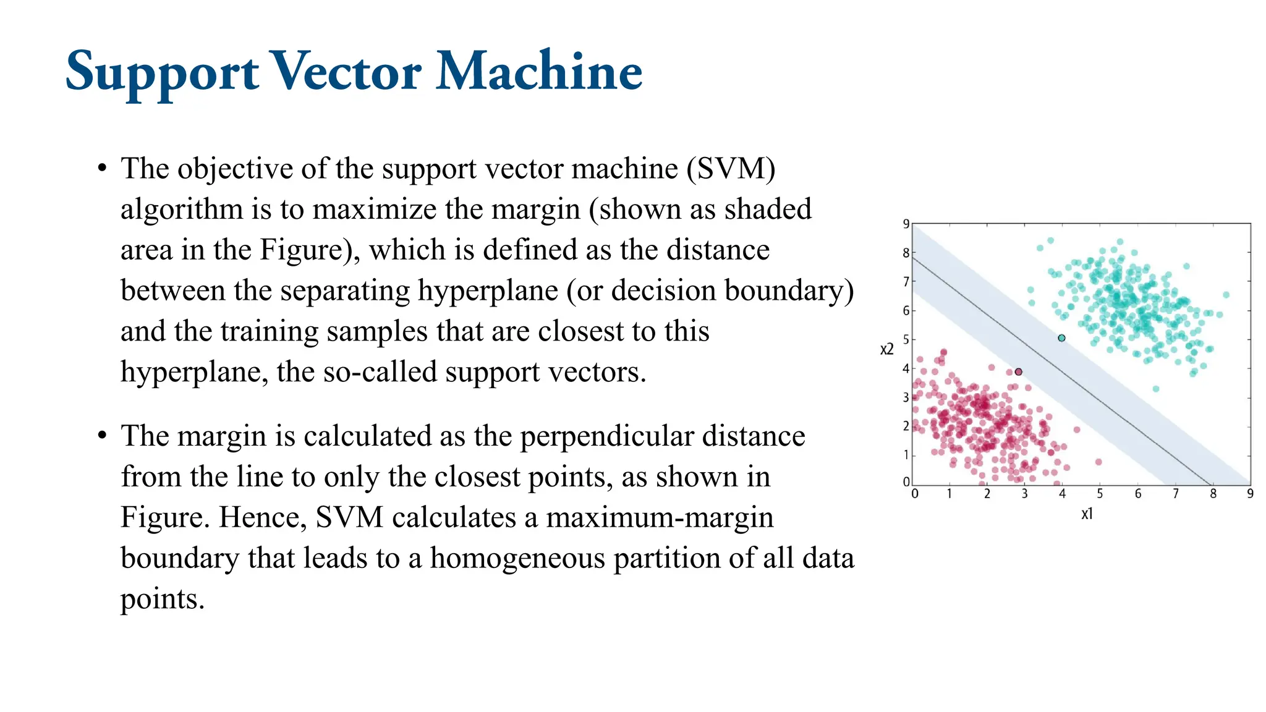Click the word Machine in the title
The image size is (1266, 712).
(539, 72)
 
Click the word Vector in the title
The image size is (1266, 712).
(347, 72)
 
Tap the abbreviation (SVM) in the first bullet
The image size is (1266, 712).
(731, 169)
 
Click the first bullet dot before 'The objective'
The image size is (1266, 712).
(103, 169)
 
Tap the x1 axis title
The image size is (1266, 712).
(1087, 514)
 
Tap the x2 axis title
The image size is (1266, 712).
(886, 350)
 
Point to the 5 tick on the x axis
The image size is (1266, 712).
(1100, 493)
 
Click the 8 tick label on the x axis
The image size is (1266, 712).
(1213, 493)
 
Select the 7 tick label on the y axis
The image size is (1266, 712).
(906, 281)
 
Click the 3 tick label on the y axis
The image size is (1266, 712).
(906, 397)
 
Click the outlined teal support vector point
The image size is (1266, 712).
(1061, 338)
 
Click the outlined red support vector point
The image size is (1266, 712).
(1018, 371)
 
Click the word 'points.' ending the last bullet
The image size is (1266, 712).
(162, 599)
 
